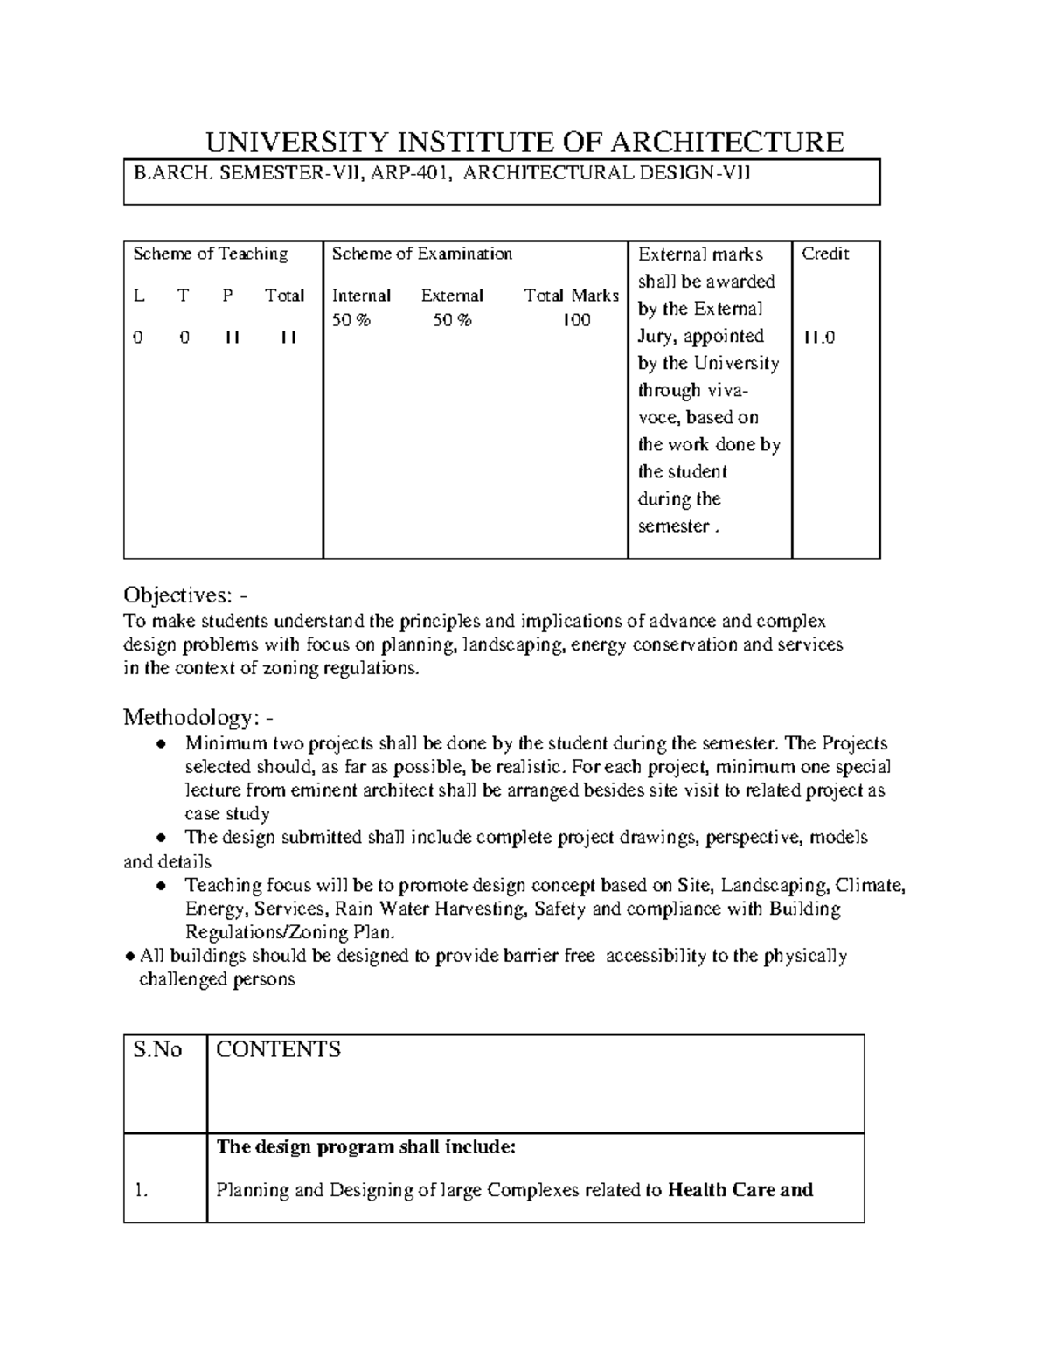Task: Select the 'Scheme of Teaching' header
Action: pyautogui.click(x=210, y=254)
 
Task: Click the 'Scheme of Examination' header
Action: pyautogui.click(x=421, y=254)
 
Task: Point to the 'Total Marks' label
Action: pyautogui.click(x=571, y=296)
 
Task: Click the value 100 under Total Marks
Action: pyautogui.click(x=576, y=320)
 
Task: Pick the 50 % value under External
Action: pyautogui.click(x=452, y=320)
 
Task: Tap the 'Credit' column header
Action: pyautogui.click(x=825, y=254)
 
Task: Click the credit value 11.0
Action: pyautogui.click(x=819, y=337)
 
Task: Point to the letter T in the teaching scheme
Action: pyautogui.click(x=183, y=296)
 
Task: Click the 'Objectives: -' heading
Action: pyautogui.click(x=185, y=595)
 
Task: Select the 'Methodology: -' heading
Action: pyautogui.click(x=198, y=718)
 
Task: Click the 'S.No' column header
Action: pyautogui.click(x=157, y=1049)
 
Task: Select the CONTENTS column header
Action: pyautogui.click(x=278, y=1049)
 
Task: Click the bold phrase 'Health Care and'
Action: pyautogui.click(x=740, y=1190)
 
